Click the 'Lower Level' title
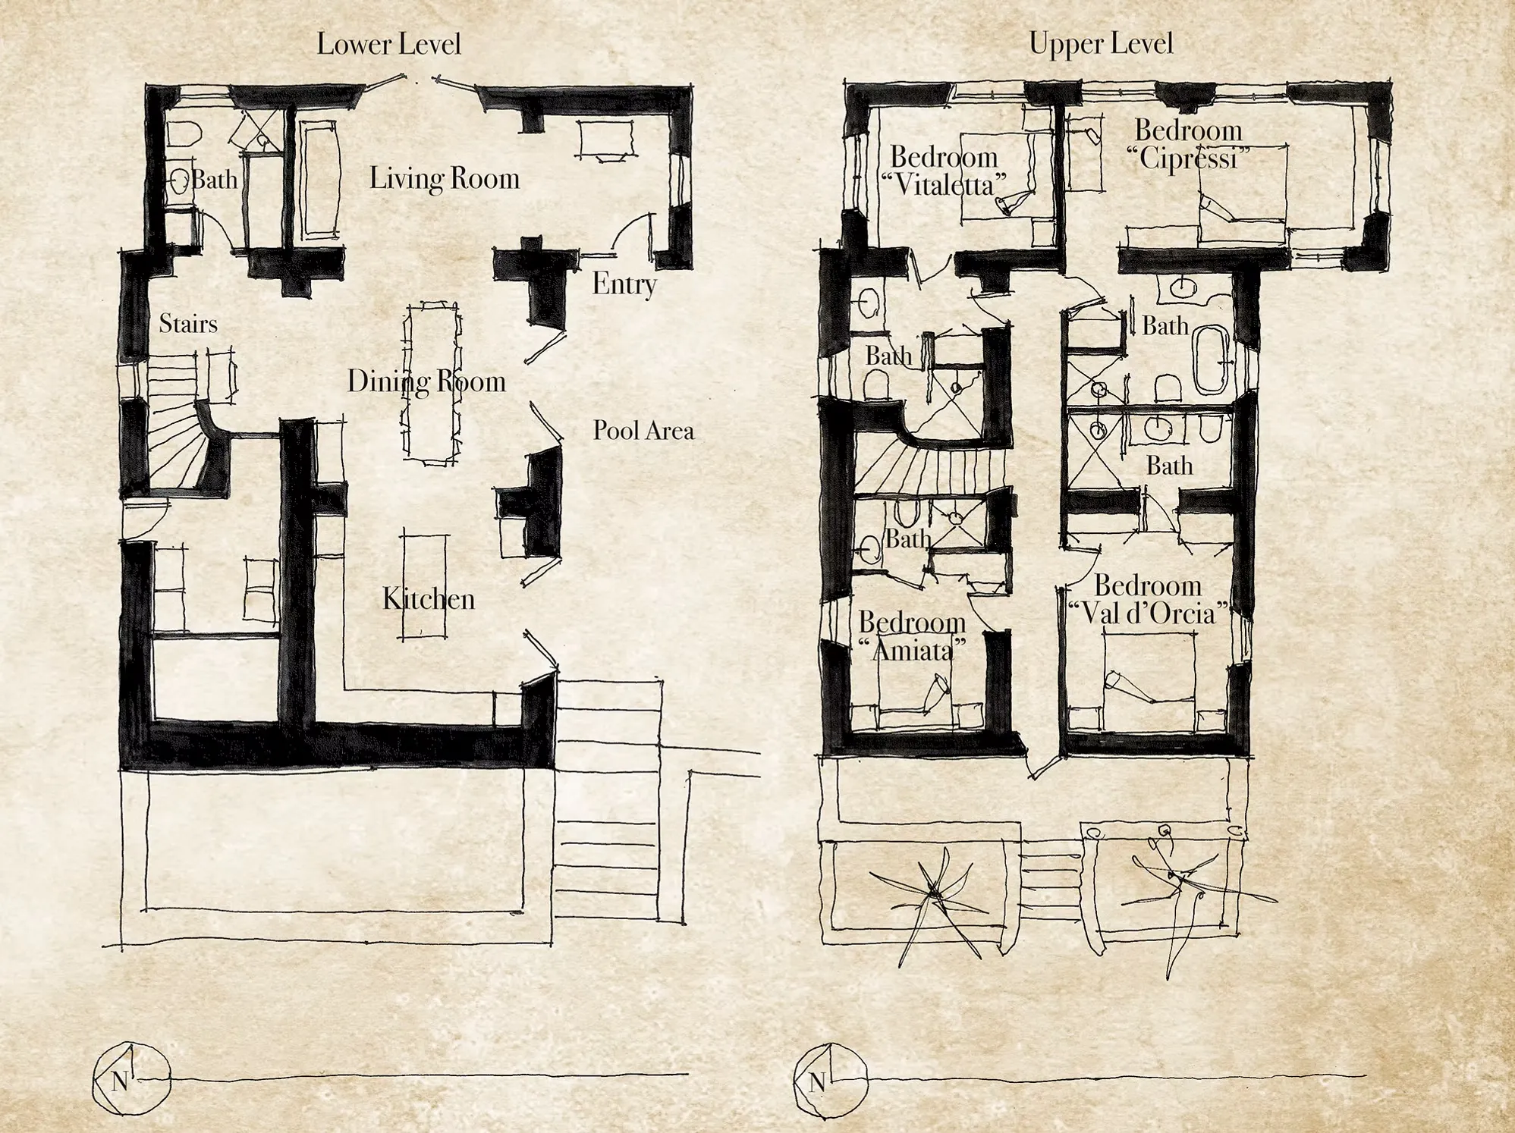point(388,44)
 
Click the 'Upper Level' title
point(1101,43)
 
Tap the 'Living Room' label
point(445,179)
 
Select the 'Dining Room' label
point(426,381)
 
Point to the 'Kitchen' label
point(429,599)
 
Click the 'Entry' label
point(624,284)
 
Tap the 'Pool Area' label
point(643,431)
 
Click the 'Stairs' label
point(188,324)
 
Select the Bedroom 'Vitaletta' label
point(945,171)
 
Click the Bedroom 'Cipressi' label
point(1188,145)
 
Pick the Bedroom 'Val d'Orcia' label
point(1148,599)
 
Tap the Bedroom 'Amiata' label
point(913,636)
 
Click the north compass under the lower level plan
point(130,1078)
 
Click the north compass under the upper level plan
point(830,1081)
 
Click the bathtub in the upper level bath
point(1212,359)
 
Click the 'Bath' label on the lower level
point(214,180)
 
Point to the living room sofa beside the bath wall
point(319,180)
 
